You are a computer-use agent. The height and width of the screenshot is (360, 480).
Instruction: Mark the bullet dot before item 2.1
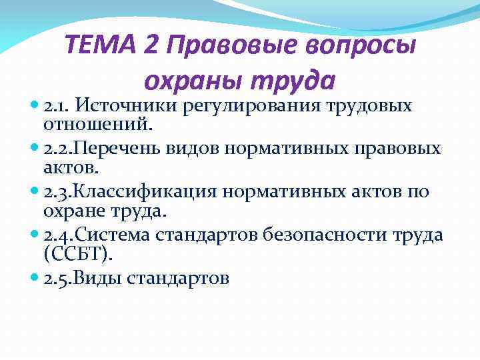click(x=35, y=106)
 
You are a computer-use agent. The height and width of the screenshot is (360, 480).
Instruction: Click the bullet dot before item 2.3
click(x=35, y=192)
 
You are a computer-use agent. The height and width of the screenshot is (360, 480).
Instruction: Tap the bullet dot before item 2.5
click(x=35, y=278)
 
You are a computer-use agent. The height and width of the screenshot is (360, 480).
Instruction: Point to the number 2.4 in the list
click(x=57, y=235)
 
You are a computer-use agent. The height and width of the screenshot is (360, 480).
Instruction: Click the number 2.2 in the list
click(x=57, y=149)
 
